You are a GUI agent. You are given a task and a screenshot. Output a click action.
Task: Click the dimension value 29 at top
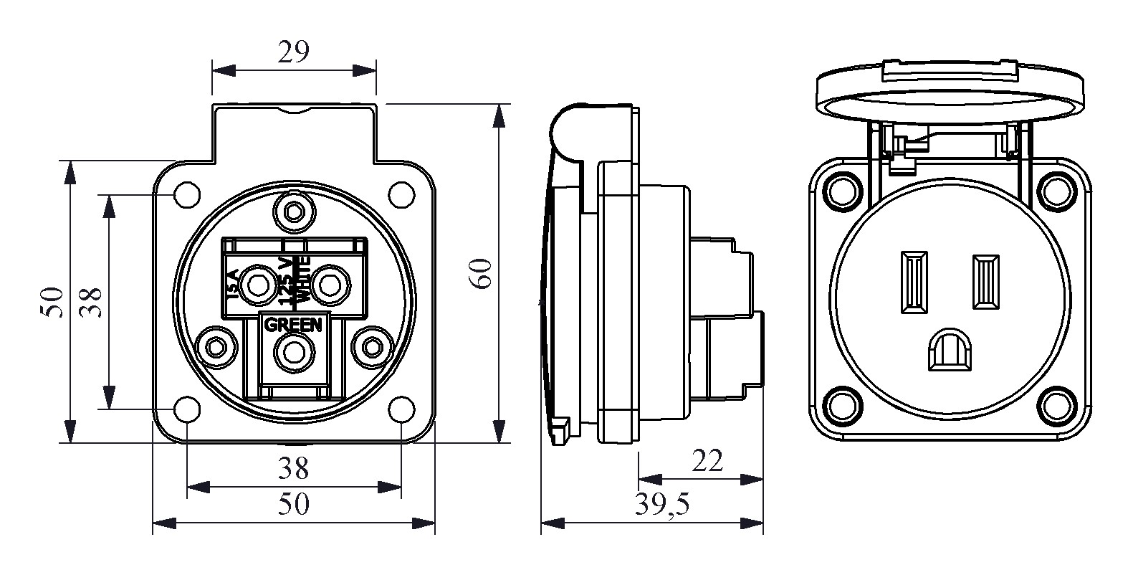click(x=293, y=52)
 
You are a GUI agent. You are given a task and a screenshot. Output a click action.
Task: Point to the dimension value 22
click(x=707, y=461)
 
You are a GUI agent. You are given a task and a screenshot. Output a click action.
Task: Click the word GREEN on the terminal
click(x=293, y=325)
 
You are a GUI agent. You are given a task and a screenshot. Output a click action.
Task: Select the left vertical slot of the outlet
click(x=913, y=282)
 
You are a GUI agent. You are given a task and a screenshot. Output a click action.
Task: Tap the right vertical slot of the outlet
click(x=985, y=282)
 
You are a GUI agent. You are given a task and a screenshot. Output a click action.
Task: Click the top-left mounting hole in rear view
click(x=187, y=194)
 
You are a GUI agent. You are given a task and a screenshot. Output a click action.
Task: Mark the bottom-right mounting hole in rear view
click(x=401, y=409)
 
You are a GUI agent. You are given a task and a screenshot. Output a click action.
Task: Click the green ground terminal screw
click(x=293, y=352)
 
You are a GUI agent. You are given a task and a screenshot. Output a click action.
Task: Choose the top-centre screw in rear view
click(x=293, y=212)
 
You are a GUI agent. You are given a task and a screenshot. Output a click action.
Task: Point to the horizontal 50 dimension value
click(x=293, y=505)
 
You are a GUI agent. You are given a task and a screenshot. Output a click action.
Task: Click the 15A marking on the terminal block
click(x=233, y=285)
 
